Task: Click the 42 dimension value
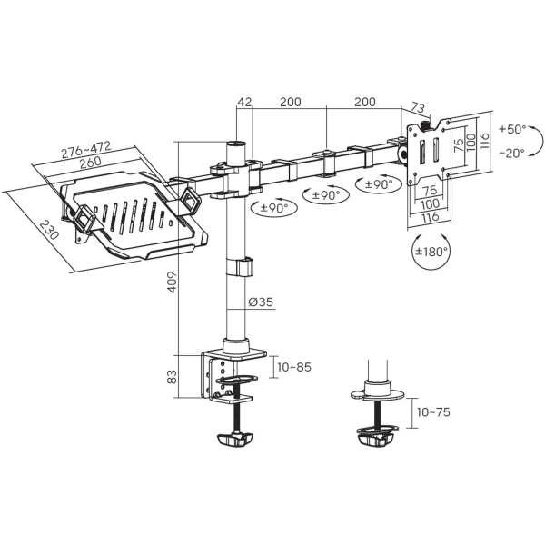(243, 103)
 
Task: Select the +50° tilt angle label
(512, 128)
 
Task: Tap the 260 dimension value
(90, 164)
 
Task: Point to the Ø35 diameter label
(261, 302)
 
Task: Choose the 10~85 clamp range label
(294, 367)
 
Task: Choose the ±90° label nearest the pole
(278, 208)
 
